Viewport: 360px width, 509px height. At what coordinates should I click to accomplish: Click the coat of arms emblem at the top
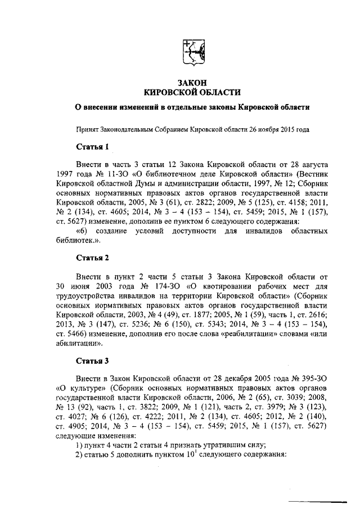(x=193, y=53)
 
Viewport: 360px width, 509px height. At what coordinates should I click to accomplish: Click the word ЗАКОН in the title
(x=193, y=83)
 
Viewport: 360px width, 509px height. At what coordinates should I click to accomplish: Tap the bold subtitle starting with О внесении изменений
(x=193, y=107)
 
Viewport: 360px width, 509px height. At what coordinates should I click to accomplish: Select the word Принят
(x=87, y=128)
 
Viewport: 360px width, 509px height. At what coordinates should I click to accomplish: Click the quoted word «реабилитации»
(x=271, y=339)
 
